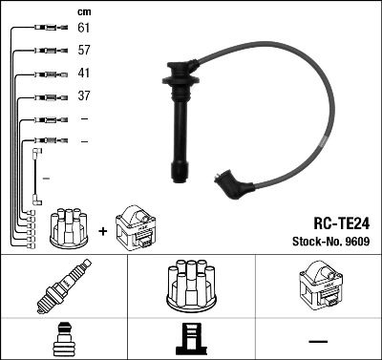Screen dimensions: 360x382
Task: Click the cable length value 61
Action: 83,30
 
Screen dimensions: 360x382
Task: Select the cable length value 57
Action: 83,52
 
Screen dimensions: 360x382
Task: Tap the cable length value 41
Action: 83,74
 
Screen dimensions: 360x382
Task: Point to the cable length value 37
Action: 83,95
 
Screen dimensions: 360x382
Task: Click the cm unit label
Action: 82,11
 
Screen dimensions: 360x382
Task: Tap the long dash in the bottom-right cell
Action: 317,340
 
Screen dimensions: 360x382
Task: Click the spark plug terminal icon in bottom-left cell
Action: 63,340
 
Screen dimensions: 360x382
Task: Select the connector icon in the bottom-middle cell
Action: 190,340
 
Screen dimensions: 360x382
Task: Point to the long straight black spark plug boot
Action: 179,124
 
